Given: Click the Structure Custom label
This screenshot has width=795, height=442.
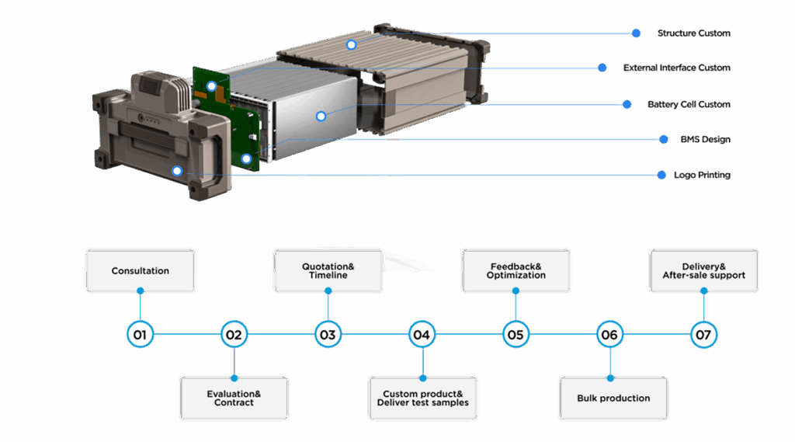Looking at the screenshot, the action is click(693, 33).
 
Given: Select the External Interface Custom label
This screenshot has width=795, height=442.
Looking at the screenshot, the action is click(677, 68).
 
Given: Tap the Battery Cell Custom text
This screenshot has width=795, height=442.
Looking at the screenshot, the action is click(689, 104).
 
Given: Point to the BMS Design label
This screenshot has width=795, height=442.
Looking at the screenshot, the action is click(705, 139).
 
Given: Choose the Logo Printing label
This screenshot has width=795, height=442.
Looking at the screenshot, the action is click(702, 175).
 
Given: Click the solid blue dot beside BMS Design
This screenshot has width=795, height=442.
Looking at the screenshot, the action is click(663, 139).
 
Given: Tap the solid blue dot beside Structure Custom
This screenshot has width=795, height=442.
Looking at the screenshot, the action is click(636, 33).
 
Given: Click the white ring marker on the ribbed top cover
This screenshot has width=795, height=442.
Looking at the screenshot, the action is click(351, 44).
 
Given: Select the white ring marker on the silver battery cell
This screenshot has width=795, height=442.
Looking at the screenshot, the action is click(321, 117).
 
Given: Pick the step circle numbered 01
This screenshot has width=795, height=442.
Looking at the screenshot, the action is click(140, 335).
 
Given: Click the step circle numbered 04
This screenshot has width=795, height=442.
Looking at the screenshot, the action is click(422, 335).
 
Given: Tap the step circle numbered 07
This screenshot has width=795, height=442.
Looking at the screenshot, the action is click(703, 335).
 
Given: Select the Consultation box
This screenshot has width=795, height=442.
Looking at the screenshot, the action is click(140, 270).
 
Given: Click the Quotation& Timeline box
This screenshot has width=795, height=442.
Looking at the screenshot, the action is click(328, 270).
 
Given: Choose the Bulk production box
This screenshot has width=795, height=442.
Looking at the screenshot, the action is click(613, 398).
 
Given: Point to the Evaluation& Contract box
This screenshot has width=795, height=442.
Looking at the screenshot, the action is click(234, 398).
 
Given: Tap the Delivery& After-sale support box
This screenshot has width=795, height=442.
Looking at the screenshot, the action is click(703, 270).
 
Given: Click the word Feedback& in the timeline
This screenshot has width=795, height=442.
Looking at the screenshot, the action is click(516, 266).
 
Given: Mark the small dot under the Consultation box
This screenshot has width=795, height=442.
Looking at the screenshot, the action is click(141, 291).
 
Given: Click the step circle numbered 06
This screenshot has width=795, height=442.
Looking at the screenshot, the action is click(609, 335).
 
